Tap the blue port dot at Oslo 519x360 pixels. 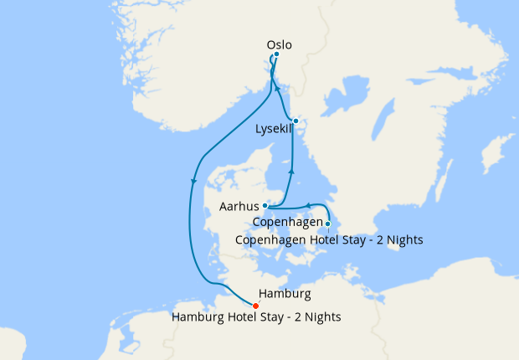coord(276,55)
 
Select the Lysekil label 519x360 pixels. coord(273,129)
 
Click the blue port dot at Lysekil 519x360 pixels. coord(295,121)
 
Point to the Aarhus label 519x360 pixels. coord(238,205)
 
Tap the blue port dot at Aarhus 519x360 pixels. coord(265,205)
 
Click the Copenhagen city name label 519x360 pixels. coord(288,224)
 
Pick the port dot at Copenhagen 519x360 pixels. coord(328,224)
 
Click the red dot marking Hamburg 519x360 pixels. coord(255,306)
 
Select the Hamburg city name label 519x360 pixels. coord(285,294)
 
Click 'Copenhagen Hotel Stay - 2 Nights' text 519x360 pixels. coord(329,239)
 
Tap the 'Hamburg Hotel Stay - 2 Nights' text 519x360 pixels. coord(256,317)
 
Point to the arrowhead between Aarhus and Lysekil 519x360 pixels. coord(291,172)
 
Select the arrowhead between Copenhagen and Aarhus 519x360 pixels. coord(307,205)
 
